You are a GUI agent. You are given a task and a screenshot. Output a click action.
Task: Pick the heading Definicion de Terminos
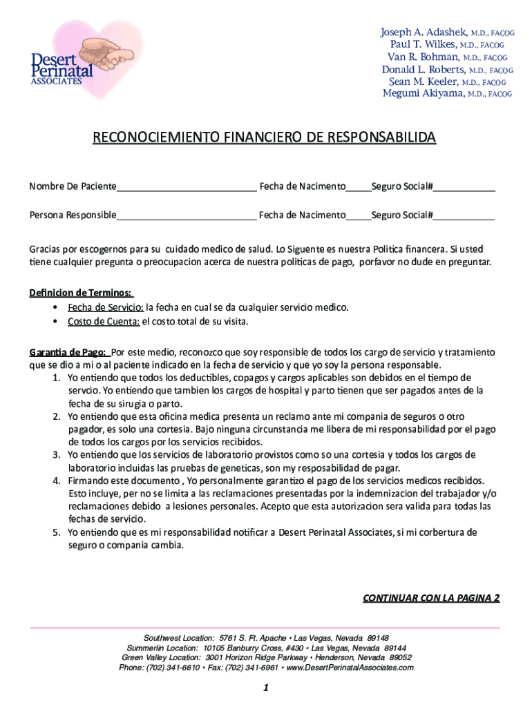pyautogui.click(x=81, y=293)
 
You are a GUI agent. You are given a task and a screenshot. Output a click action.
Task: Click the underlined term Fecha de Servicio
pyautogui.click(x=105, y=307)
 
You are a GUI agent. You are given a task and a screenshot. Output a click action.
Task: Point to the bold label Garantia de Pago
pyautogui.click(x=66, y=351)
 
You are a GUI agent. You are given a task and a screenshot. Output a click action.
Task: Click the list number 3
pyautogui.click(x=56, y=455)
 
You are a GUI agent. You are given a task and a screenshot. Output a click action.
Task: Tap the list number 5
pyautogui.click(x=56, y=532)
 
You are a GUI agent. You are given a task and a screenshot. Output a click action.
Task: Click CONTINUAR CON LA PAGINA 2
pyautogui.click(x=431, y=598)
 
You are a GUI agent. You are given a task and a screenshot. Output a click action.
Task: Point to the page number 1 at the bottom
pyautogui.click(x=265, y=688)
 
